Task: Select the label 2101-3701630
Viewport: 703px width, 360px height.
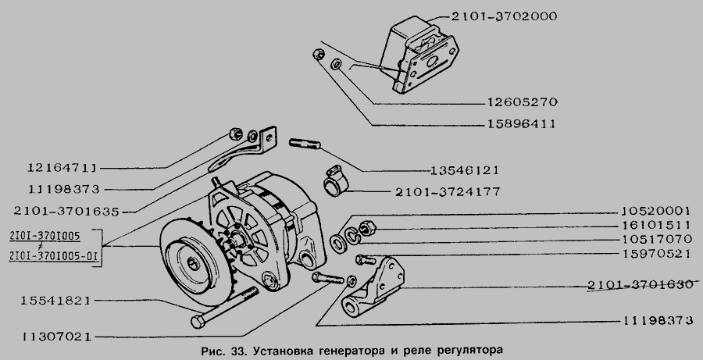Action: click(x=638, y=285)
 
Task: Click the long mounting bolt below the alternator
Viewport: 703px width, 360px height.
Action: click(x=227, y=308)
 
